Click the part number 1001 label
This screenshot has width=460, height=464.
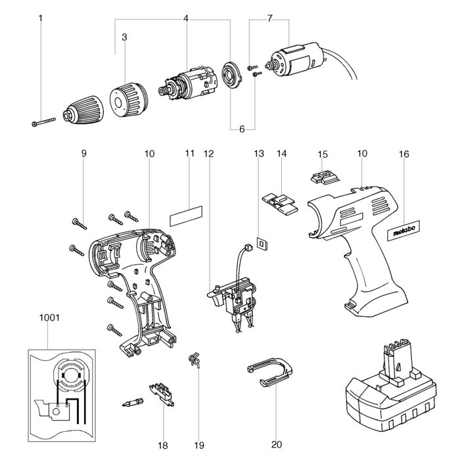pyautogui.click(x=49, y=317)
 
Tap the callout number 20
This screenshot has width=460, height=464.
pyautogui.click(x=276, y=445)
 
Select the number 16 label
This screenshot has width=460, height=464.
pyautogui.click(x=403, y=154)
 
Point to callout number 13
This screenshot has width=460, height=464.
pyautogui.click(x=259, y=154)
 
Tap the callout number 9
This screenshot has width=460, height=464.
pyautogui.click(x=84, y=154)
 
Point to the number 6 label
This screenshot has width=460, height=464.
pyautogui.click(x=242, y=129)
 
